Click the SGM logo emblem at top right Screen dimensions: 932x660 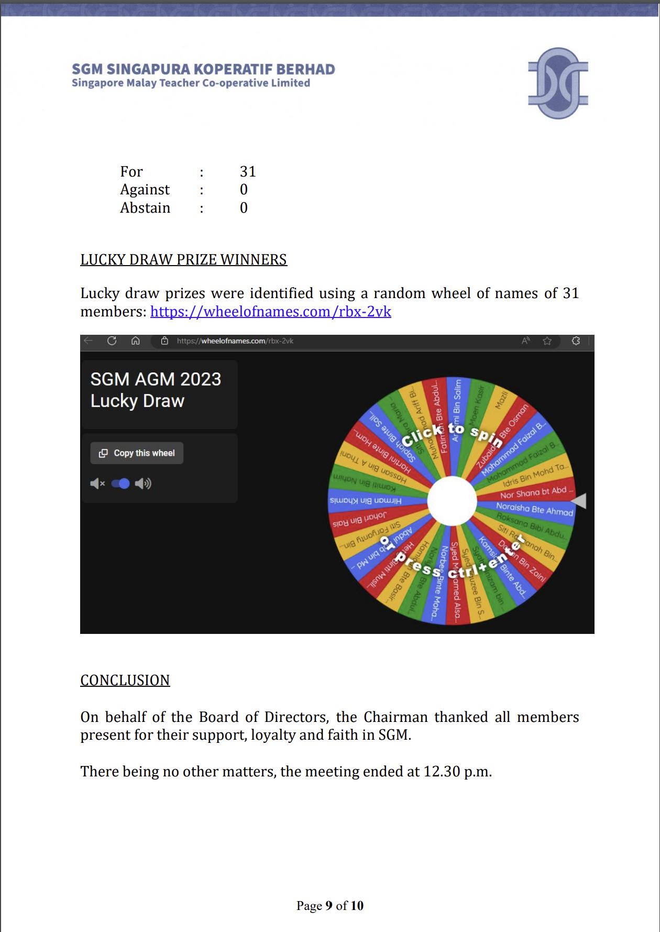[x=558, y=83]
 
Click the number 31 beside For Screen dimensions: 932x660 [x=248, y=172]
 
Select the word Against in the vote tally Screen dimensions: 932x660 [x=145, y=190]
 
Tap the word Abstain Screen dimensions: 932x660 [x=145, y=208]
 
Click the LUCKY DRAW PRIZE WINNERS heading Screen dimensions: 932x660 [x=183, y=260]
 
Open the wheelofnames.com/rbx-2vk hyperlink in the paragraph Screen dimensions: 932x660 [x=270, y=312]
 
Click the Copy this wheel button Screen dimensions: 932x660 [x=137, y=453]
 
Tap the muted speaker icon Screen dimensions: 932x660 [x=97, y=484]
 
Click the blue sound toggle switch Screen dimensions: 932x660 [x=120, y=484]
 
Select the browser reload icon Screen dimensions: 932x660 [x=112, y=341]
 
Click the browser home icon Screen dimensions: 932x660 [x=135, y=341]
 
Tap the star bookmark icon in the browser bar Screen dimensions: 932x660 [x=547, y=341]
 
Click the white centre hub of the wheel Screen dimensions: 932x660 [x=452, y=501]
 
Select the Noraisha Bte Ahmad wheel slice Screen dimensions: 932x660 [x=534, y=509]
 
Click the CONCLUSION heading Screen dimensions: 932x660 [x=125, y=681]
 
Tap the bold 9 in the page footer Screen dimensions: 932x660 [x=329, y=906]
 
